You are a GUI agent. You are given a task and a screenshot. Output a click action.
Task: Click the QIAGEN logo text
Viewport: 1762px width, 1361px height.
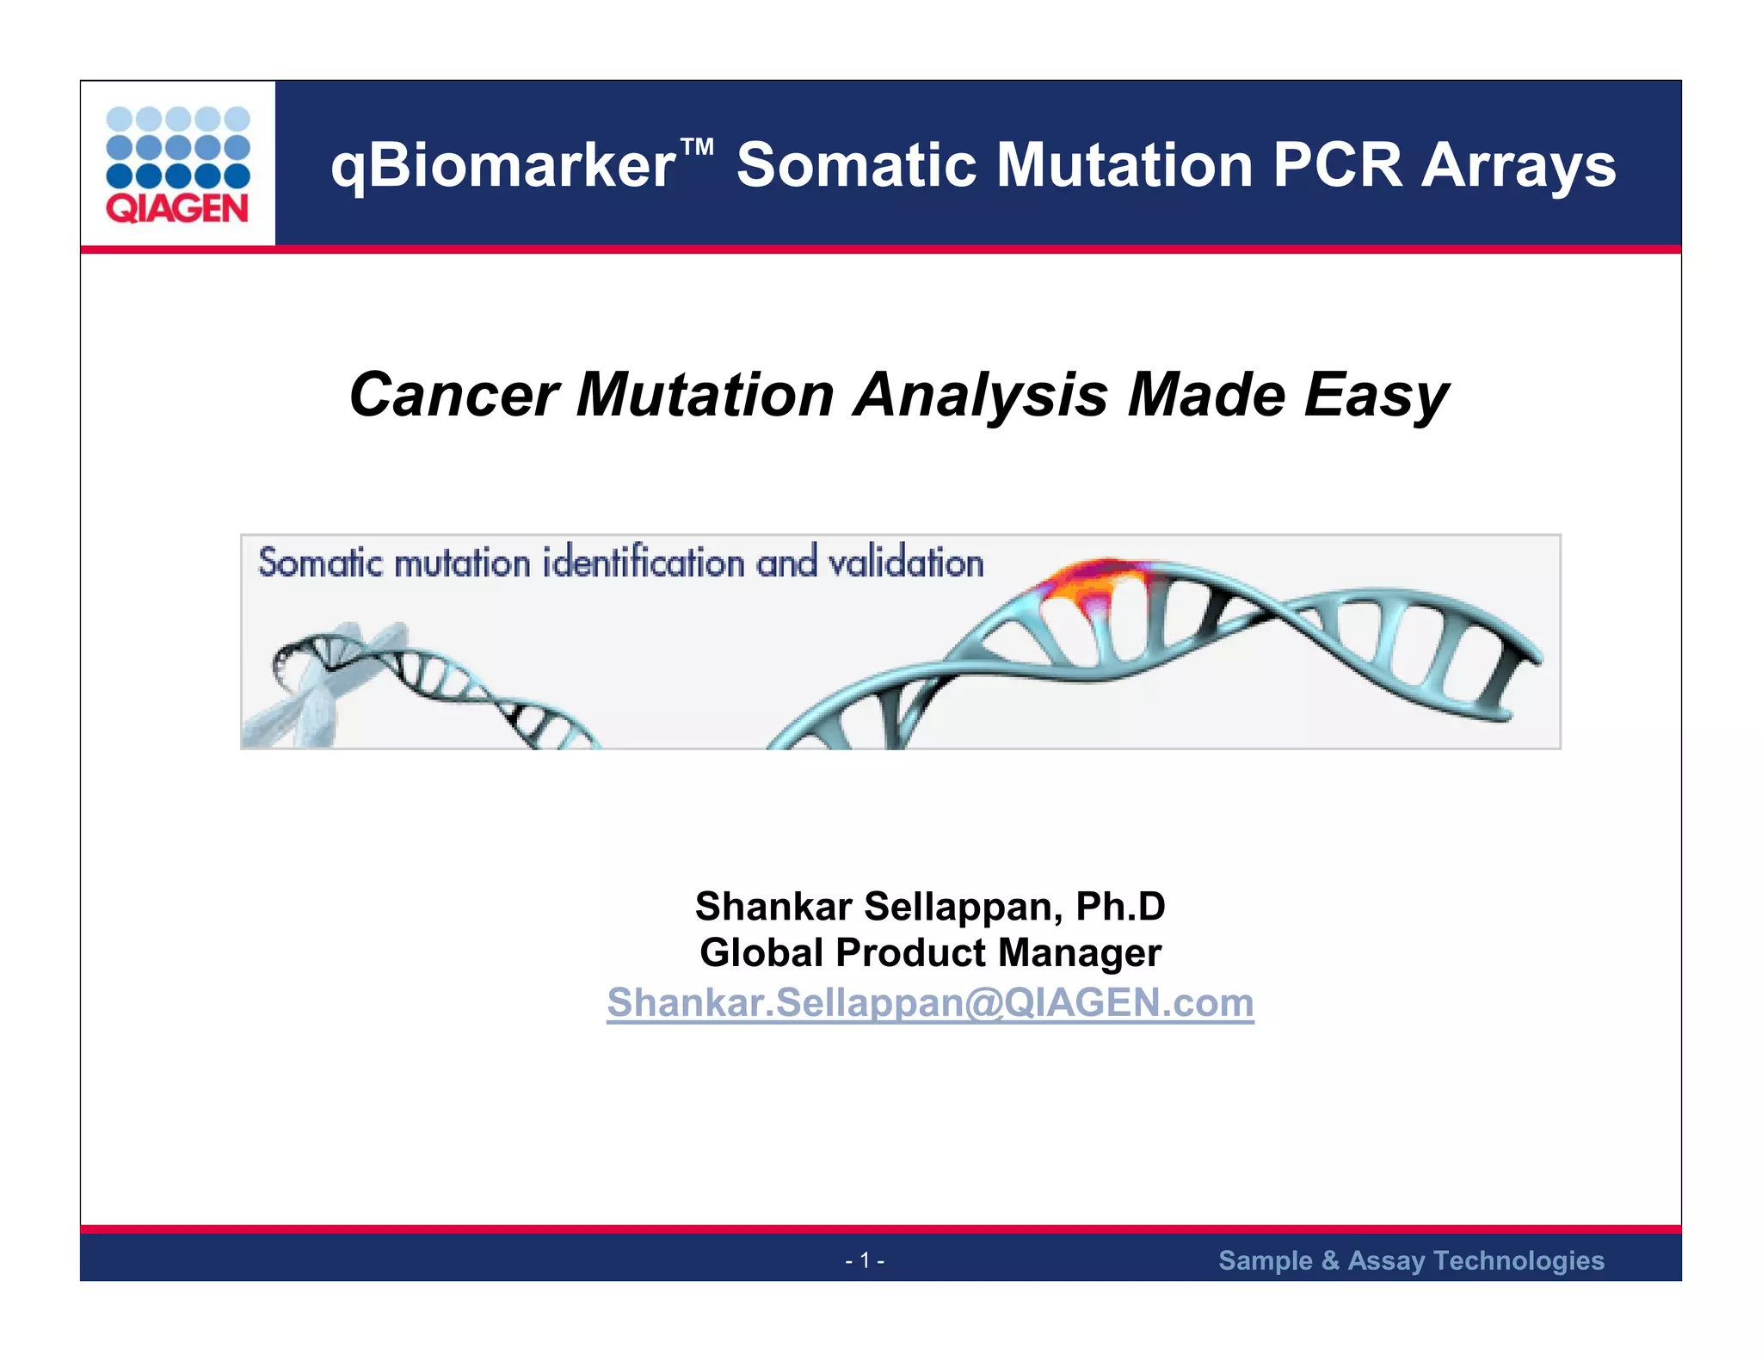tap(177, 209)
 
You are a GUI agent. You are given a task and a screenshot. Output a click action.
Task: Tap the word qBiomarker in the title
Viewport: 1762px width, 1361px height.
tap(503, 165)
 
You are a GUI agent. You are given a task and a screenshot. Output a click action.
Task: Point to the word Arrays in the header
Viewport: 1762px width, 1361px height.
tap(1519, 165)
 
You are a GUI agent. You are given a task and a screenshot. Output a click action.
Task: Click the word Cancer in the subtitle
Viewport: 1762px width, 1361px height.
tap(453, 395)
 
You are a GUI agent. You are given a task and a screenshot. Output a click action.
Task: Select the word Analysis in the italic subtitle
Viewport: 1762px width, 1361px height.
tap(980, 395)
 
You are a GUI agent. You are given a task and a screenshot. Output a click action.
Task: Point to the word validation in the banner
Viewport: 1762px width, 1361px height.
tap(905, 563)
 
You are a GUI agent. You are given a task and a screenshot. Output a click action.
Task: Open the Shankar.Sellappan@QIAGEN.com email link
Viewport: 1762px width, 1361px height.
tap(930, 1002)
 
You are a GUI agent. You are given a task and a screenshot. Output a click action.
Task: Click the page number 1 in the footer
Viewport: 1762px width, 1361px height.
tap(865, 1260)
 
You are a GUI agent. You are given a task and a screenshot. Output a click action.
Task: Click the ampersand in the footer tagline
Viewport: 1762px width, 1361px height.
tap(1330, 1260)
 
